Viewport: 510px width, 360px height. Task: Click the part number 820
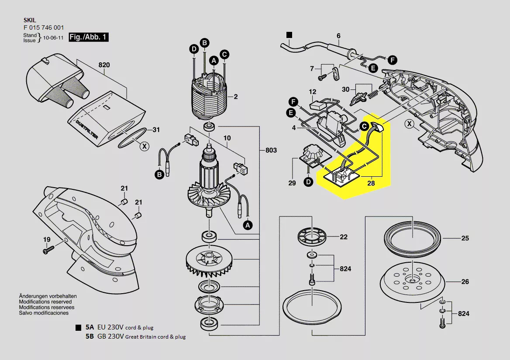[x=104, y=65]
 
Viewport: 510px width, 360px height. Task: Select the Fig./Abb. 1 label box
[x=89, y=37]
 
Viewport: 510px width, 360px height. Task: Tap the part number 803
[x=271, y=150]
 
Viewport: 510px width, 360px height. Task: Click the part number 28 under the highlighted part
[x=371, y=183]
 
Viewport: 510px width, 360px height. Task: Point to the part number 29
[x=292, y=183]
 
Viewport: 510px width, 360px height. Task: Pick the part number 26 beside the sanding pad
[x=465, y=281]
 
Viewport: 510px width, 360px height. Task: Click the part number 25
[x=465, y=238]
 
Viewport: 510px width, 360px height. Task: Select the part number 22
[x=344, y=237]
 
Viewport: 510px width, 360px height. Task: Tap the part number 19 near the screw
[x=47, y=240]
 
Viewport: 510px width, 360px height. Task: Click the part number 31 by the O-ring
[x=156, y=130]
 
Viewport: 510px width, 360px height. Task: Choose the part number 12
[x=313, y=92]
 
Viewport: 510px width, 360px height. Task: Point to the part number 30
[x=345, y=89]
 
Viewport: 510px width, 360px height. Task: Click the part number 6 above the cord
[x=338, y=35]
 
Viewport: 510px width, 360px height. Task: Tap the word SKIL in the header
[x=30, y=20]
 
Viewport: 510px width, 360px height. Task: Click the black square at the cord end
[x=289, y=34]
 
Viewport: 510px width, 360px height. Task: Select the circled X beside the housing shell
[x=409, y=123]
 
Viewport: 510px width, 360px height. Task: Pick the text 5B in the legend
[x=90, y=336]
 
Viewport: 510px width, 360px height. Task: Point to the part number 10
[x=227, y=138]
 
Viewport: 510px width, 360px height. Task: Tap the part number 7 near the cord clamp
[x=312, y=69]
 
